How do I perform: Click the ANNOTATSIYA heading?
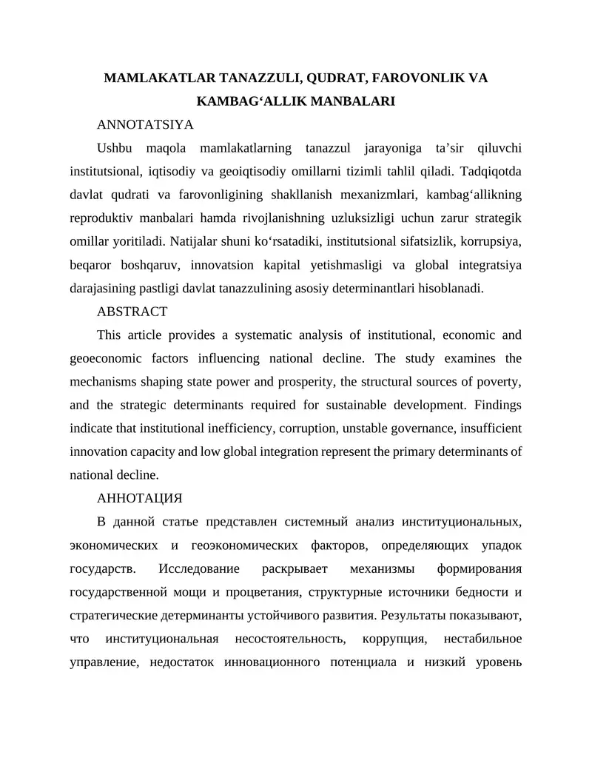point(145,123)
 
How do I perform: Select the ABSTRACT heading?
point(132,312)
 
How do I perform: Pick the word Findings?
point(496,406)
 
